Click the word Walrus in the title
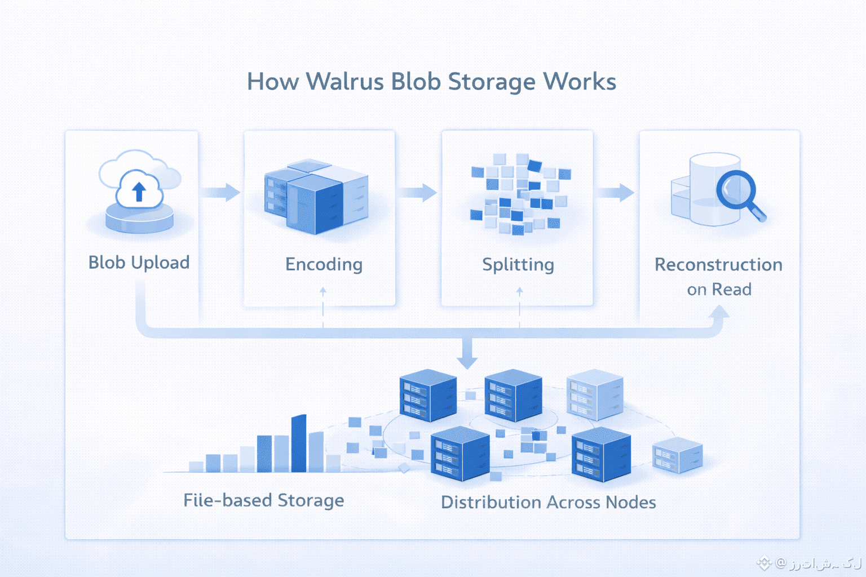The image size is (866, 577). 346,82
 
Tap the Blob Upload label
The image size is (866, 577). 139,263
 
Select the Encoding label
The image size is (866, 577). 324,264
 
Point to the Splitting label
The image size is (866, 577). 518,264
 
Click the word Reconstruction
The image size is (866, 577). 718,264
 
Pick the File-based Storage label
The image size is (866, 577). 263,500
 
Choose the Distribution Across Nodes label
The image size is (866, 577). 548,502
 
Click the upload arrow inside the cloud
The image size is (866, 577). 139,192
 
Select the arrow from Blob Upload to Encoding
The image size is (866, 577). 220,192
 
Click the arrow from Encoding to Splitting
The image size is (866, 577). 418,192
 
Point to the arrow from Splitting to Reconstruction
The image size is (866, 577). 615,192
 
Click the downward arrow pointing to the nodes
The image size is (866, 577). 467,355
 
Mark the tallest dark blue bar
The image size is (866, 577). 298,444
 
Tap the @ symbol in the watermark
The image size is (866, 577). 780,562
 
